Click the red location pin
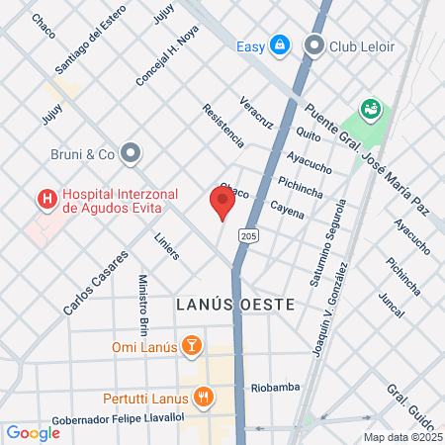click(222, 202)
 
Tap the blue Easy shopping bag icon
click(281, 45)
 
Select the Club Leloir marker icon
click(315, 45)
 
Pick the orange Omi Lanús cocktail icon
click(192, 347)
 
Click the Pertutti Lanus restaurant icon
click(203, 398)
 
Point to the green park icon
click(371, 109)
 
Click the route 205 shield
click(249, 237)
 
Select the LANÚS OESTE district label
click(235, 305)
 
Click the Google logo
click(33, 432)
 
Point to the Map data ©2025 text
click(401, 437)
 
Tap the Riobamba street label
click(275, 387)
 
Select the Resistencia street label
click(222, 127)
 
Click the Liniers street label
click(167, 246)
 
